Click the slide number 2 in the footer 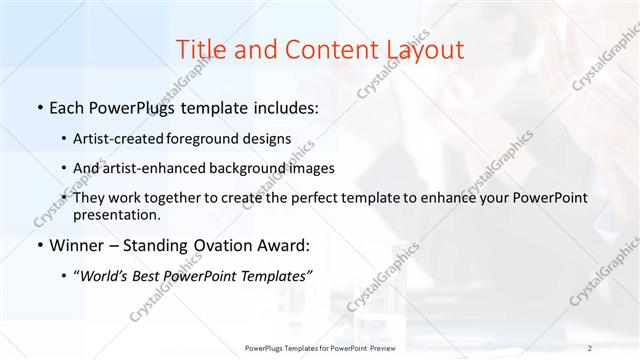point(591,348)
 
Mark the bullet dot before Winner point(38,245)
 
